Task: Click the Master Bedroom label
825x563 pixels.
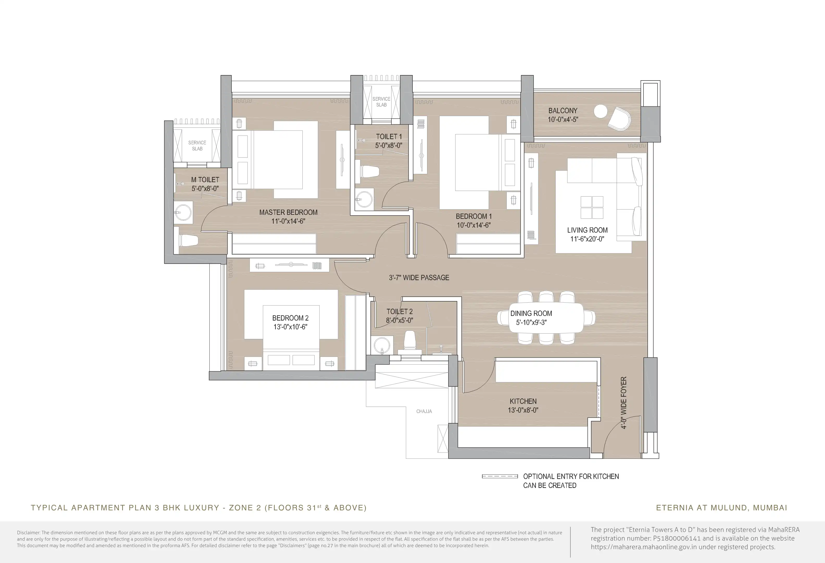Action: click(288, 212)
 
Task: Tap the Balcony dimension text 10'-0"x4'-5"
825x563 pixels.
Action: click(563, 120)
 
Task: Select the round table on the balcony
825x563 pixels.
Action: click(601, 112)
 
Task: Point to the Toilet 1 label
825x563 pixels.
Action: click(389, 136)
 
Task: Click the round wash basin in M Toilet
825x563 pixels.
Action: click(183, 213)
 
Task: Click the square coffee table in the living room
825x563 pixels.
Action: click(592, 207)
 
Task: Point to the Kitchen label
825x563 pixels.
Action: click(523, 401)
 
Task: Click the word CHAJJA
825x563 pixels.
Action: click(424, 411)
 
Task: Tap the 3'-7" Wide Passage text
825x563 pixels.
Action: click(419, 278)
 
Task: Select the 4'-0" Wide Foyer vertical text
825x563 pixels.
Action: click(624, 403)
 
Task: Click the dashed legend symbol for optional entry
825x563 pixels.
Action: click(500, 476)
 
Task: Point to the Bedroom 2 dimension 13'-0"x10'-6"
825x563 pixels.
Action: click(290, 327)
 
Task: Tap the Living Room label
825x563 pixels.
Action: click(587, 230)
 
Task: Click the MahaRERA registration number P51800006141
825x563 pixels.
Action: click(677, 538)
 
